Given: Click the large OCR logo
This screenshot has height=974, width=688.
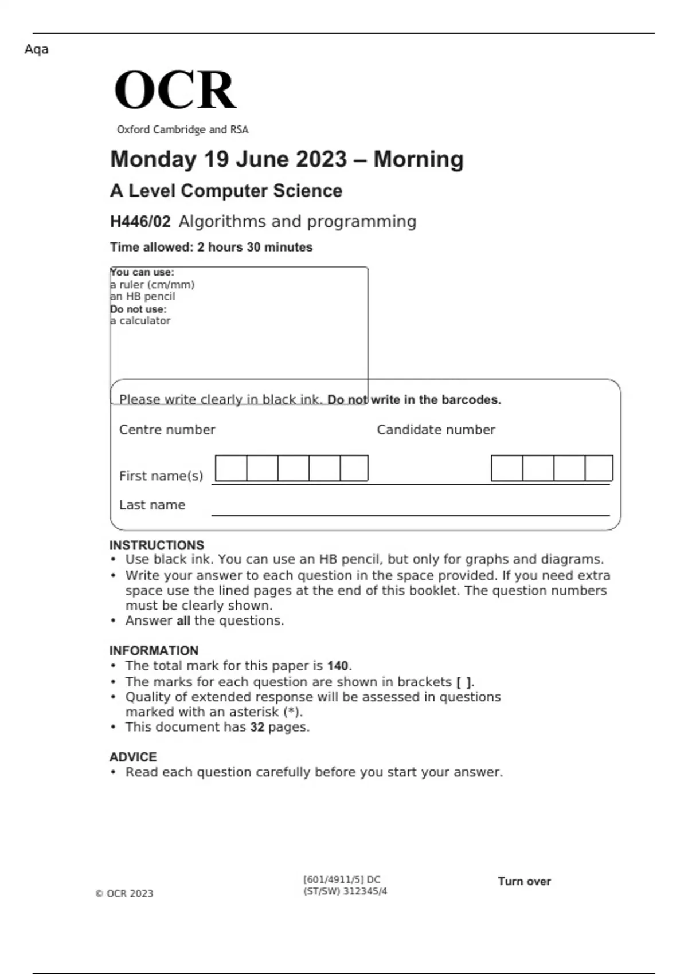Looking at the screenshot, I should pos(175,90).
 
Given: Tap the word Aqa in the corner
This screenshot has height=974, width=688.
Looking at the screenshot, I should pos(36,49).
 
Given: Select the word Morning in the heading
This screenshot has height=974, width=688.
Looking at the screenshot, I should pos(419,159).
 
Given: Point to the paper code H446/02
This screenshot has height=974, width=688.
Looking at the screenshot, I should pos(140,222).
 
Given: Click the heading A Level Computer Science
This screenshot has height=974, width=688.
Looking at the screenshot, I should pos(226,191).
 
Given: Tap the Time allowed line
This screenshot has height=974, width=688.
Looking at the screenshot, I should pos(211,247).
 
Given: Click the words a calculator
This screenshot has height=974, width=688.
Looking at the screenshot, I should pos(140,321).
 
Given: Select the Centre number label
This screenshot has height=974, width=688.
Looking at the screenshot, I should pos(167,430).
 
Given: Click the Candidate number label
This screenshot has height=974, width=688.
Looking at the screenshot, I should pos(436,430).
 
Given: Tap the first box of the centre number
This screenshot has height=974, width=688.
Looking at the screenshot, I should pos(231,468).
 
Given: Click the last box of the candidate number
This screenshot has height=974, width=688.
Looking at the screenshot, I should pos(599,468).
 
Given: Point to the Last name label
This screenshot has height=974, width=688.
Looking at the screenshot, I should pos(152,505).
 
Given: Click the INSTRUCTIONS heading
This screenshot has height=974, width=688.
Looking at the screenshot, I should pos(157,545).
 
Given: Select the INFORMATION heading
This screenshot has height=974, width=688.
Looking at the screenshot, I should pos(154,650).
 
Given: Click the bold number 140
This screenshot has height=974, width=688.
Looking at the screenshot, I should pos(338,666).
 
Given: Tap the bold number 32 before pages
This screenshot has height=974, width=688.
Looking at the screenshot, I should pos(257,727).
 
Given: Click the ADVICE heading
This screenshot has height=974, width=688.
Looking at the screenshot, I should pos(133,757).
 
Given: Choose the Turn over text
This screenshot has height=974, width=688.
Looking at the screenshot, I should pos(524,881).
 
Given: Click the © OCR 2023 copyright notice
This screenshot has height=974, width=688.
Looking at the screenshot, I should pos(124,893).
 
